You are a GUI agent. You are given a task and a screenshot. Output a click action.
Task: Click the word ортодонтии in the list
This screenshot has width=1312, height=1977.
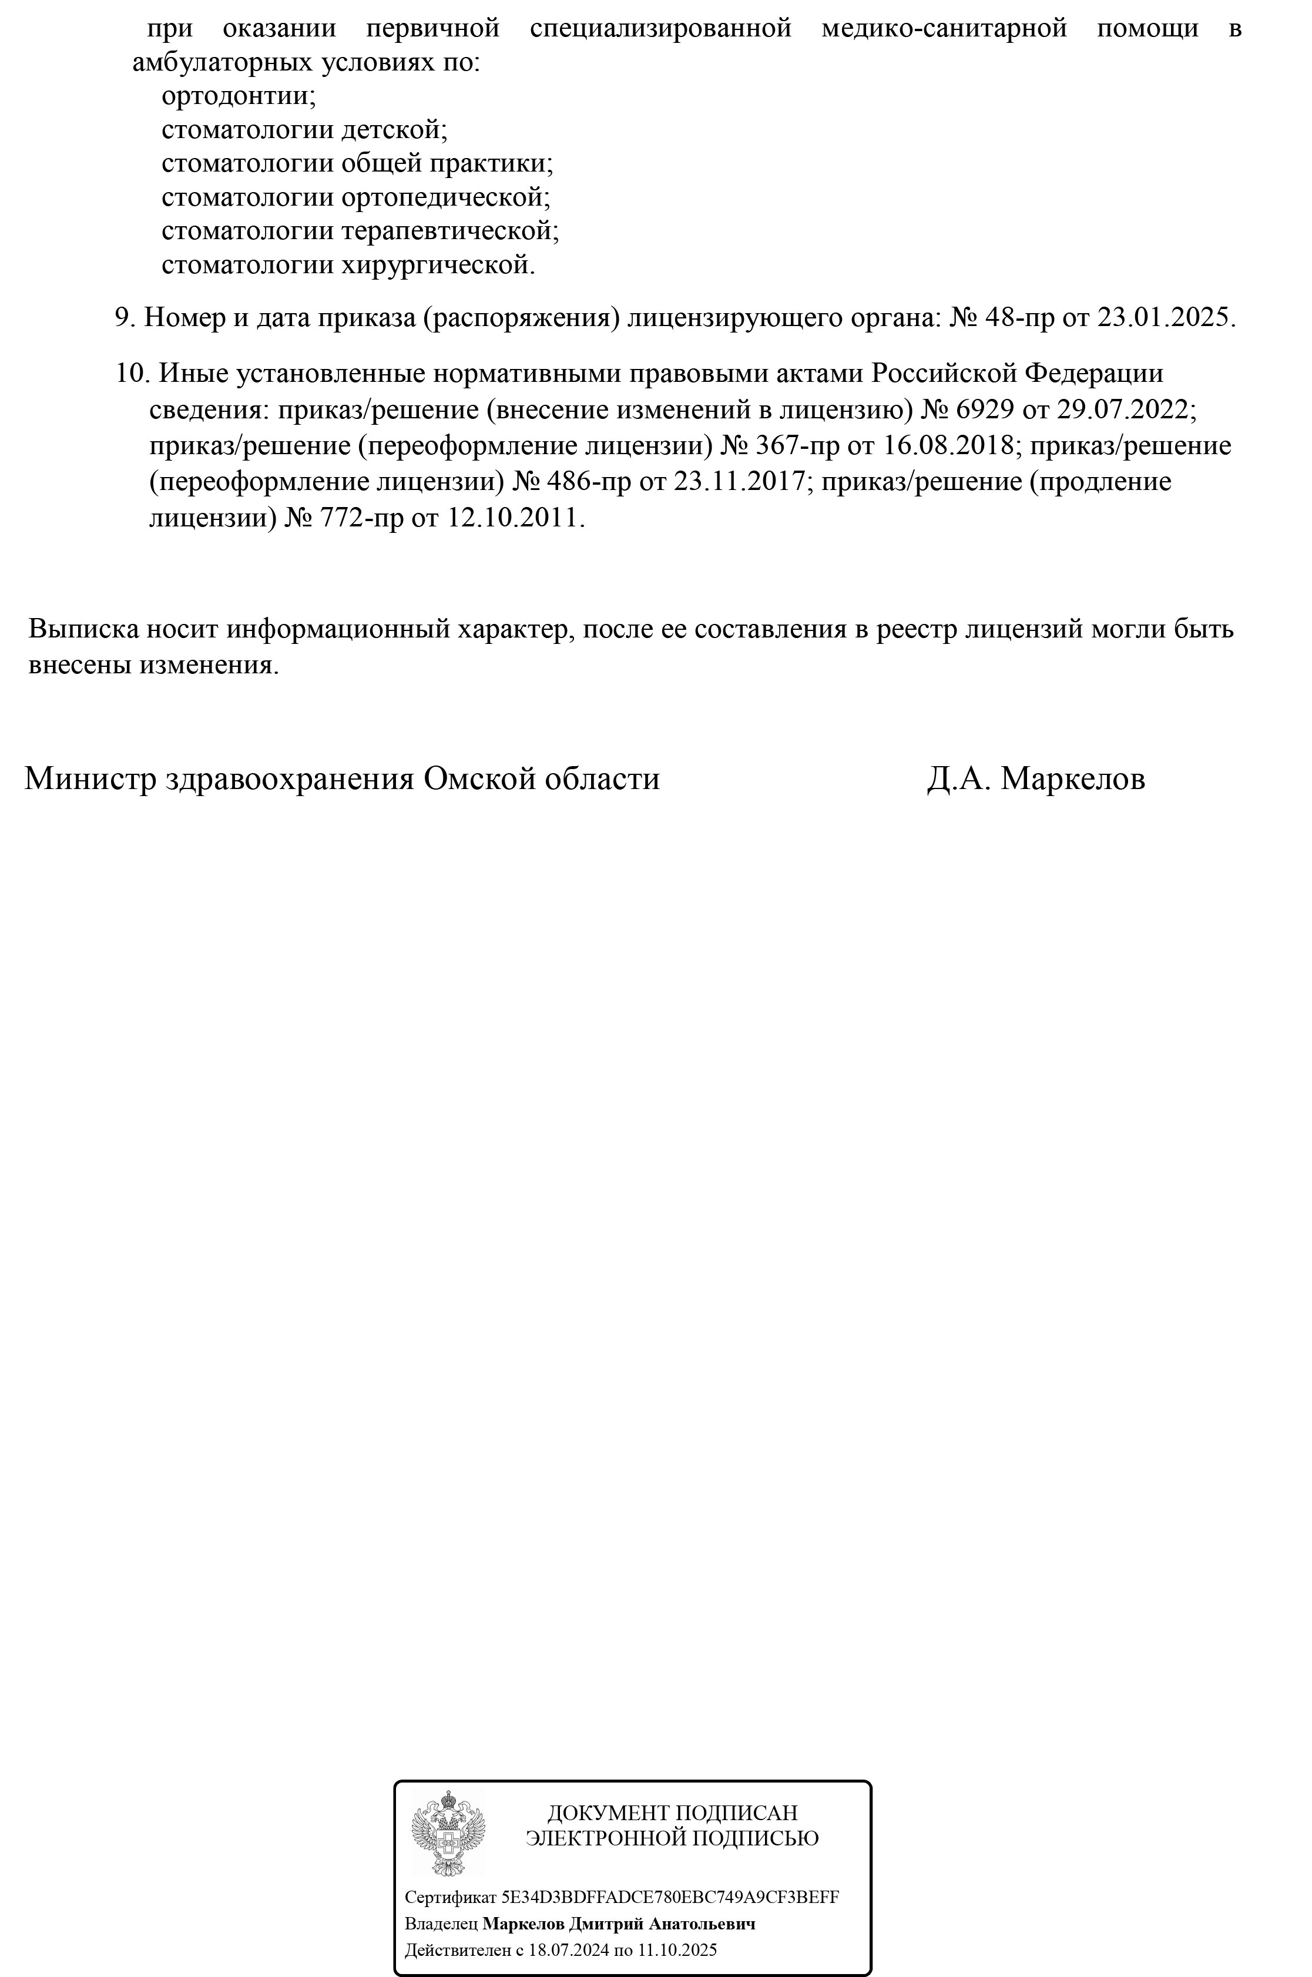[x=239, y=96]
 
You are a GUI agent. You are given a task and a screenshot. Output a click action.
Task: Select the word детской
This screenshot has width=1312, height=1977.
[x=394, y=130]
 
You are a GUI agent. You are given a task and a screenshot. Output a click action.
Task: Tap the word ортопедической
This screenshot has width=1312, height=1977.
[x=445, y=197]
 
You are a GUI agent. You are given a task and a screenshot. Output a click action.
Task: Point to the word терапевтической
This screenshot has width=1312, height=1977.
[x=450, y=231]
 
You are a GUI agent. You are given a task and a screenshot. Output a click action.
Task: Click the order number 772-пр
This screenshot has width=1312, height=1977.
[x=360, y=518]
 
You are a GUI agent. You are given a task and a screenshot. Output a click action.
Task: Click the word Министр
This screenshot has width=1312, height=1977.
[x=90, y=779]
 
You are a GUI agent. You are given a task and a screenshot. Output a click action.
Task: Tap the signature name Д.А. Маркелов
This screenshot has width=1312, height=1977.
[x=1036, y=779]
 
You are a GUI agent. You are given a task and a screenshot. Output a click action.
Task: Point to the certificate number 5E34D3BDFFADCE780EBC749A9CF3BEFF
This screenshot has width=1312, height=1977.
[x=669, y=1897]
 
